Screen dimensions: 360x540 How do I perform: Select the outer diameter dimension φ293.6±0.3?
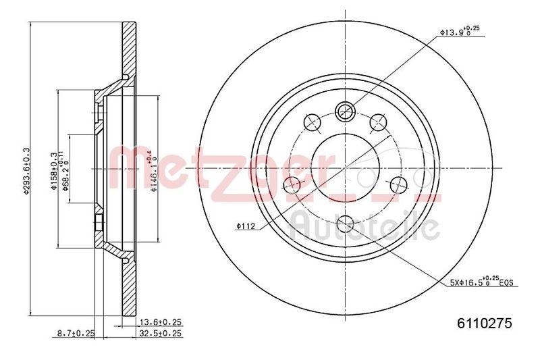(x=26, y=172)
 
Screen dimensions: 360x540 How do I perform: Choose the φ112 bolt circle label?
(x=244, y=226)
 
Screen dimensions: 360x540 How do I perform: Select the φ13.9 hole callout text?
(x=464, y=30)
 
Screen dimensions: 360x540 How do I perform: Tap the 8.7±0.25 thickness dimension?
(x=75, y=333)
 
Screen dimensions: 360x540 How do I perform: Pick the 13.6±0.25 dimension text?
(x=161, y=322)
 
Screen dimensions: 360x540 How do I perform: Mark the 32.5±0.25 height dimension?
(x=161, y=333)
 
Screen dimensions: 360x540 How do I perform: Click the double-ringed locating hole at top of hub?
(x=345, y=109)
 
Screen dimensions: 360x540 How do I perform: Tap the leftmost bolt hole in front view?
(x=294, y=185)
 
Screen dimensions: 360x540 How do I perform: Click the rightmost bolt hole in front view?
(x=398, y=184)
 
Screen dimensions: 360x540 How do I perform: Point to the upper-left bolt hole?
(x=313, y=122)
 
